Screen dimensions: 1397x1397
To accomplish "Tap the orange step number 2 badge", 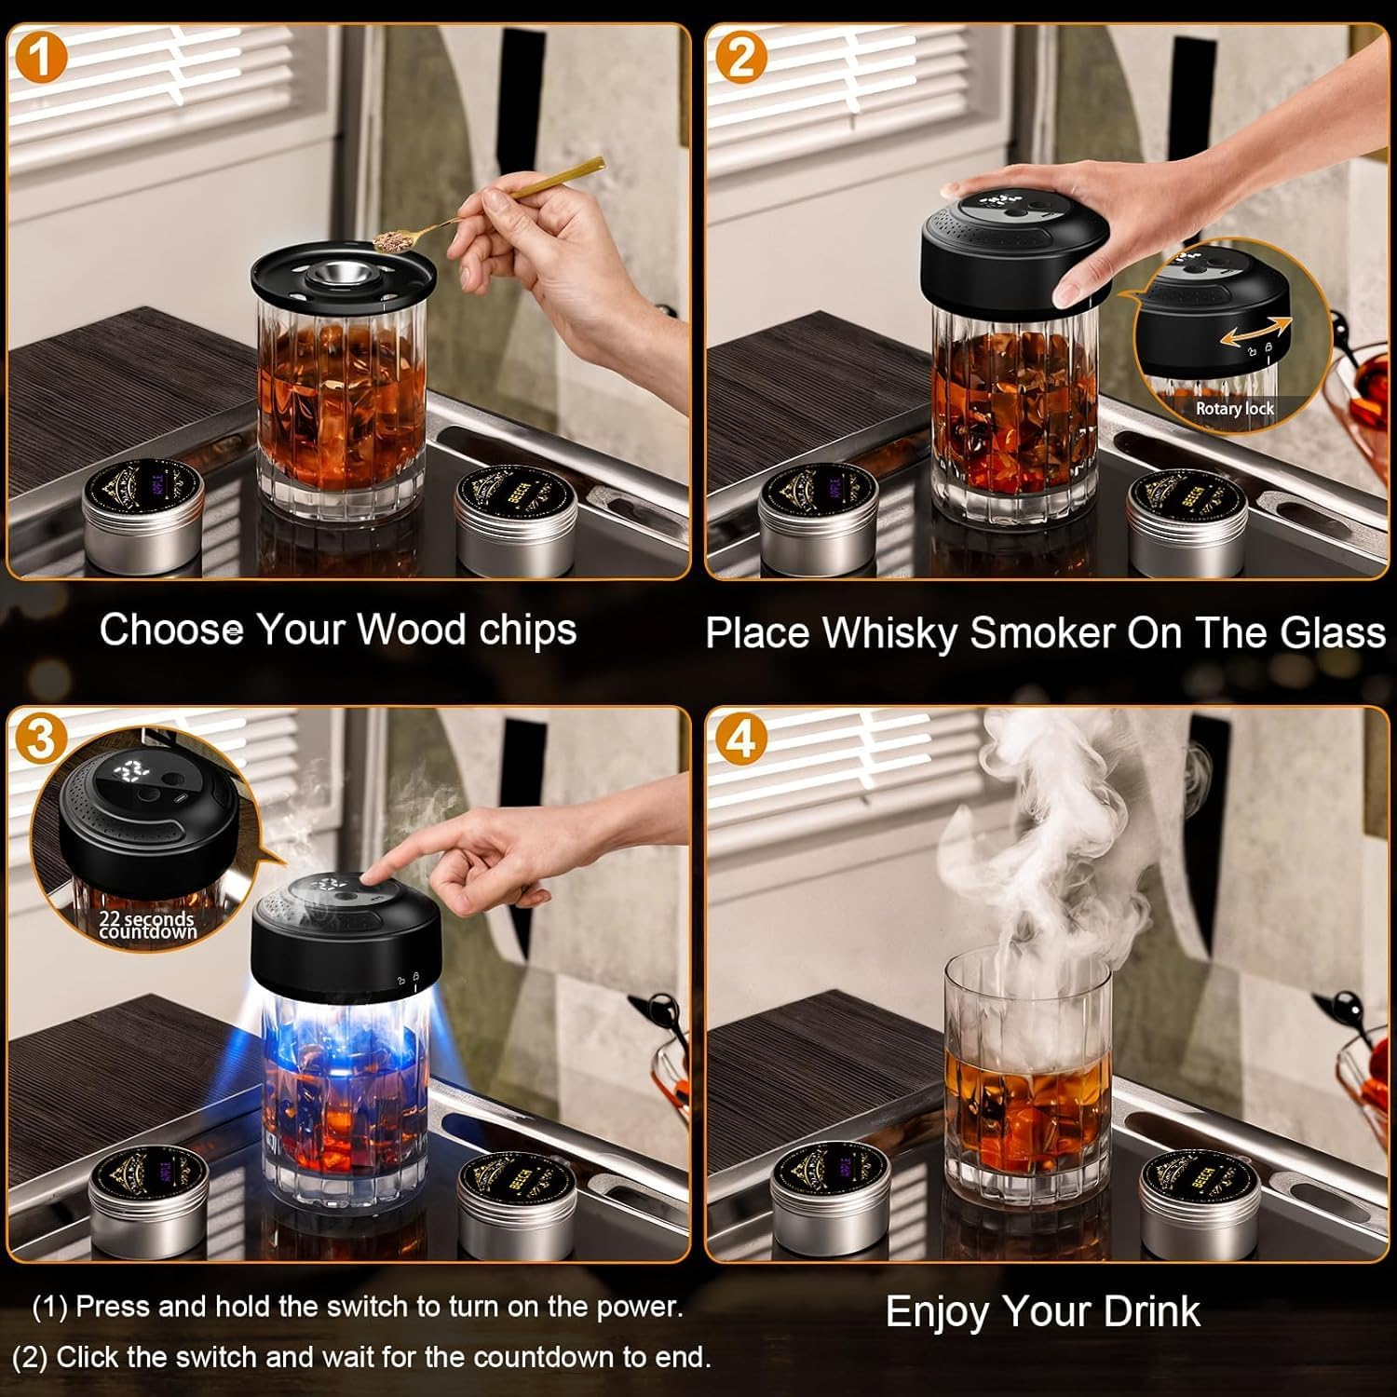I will pyautogui.click(x=741, y=58).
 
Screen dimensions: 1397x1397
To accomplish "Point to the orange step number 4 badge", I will pyautogui.click(x=741, y=740).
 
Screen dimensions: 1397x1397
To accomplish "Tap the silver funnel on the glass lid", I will pyautogui.click(x=338, y=276).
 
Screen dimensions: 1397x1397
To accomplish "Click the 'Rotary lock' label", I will pyautogui.click(x=1234, y=409).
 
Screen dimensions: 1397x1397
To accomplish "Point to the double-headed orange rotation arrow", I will pyautogui.click(x=1256, y=331).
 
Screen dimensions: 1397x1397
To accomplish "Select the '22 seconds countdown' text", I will pyautogui.click(x=147, y=925).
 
